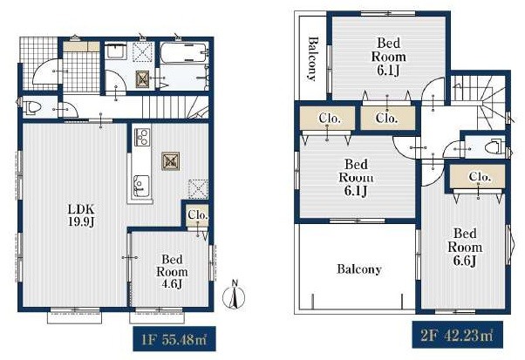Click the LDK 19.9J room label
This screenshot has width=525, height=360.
pyautogui.click(x=81, y=216)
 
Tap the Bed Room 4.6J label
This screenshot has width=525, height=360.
pyautogui.click(x=172, y=271)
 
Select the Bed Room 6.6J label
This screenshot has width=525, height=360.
pyautogui.click(x=465, y=248)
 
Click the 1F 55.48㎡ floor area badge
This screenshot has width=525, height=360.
pyautogui.click(x=174, y=339)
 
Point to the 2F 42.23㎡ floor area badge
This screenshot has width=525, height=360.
pyautogui.click(x=457, y=335)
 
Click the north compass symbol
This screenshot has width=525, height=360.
pyautogui.click(x=235, y=295)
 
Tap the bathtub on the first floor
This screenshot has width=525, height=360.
pyautogui.click(x=183, y=52)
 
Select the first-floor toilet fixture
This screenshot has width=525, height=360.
pyautogui.click(x=33, y=107)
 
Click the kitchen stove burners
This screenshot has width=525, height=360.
pyautogui.click(x=142, y=137)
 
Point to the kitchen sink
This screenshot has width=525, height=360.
pyautogui.click(x=141, y=186)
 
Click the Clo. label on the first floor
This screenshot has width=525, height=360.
pyautogui.click(x=198, y=214)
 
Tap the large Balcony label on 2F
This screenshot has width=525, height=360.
pyautogui.click(x=359, y=269)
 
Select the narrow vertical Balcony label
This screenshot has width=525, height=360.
pyautogui.click(x=313, y=59)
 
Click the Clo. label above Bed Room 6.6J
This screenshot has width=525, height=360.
pyautogui.click(x=480, y=176)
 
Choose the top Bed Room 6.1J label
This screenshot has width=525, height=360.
pyautogui.click(x=389, y=57)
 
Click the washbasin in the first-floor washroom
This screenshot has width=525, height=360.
pyautogui.click(x=115, y=51)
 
